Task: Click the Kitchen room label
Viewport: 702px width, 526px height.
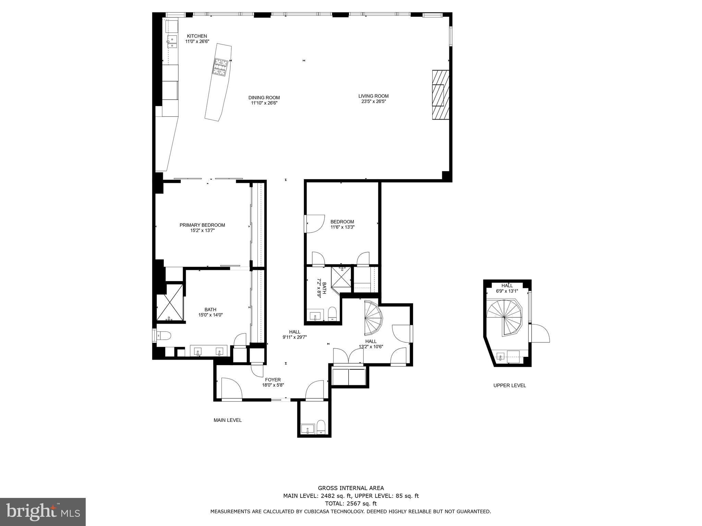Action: (197, 36)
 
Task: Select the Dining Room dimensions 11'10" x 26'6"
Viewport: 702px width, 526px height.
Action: (264, 103)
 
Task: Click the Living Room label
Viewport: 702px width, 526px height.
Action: (373, 96)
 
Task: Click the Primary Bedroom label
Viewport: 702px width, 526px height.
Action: (202, 225)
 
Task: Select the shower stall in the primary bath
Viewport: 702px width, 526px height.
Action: (170, 303)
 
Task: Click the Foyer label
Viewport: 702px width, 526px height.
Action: (273, 379)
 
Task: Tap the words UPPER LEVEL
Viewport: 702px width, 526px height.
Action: (509, 385)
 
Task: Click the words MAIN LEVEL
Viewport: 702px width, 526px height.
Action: (228, 420)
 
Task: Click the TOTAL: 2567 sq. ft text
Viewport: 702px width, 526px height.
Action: (351, 503)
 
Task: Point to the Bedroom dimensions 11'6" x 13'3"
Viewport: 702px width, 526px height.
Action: (342, 227)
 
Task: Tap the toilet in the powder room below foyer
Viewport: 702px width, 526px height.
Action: (321, 427)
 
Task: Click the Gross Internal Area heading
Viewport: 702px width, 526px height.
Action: (351, 488)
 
